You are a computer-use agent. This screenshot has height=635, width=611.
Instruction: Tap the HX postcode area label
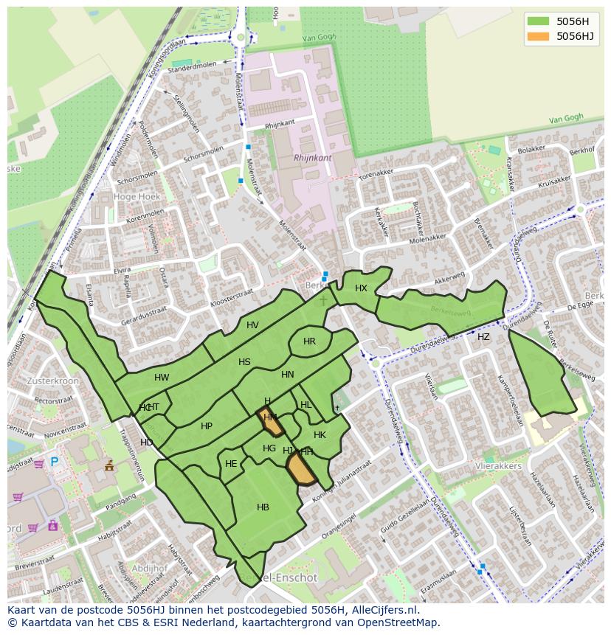point(361,288)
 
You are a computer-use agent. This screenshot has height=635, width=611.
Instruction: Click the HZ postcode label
point(483,337)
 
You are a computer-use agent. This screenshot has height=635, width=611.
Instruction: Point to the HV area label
point(252,325)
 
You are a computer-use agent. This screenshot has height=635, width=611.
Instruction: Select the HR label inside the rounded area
point(309,341)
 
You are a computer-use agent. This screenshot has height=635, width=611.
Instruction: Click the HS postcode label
point(244,362)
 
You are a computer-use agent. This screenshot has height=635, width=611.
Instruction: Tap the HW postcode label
point(162,378)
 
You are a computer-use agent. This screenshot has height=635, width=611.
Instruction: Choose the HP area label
point(207,426)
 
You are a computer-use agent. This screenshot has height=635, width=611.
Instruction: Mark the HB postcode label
point(263,507)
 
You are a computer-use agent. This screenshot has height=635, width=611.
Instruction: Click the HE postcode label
point(231,464)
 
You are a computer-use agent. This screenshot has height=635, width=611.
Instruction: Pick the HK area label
point(320,435)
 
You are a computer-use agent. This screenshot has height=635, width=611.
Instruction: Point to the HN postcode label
point(288,375)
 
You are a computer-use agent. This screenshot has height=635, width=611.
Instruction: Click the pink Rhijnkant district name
point(312,158)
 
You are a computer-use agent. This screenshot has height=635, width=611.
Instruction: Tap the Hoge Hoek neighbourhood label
point(137,197)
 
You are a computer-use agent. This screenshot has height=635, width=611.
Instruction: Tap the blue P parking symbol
point(54,462)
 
